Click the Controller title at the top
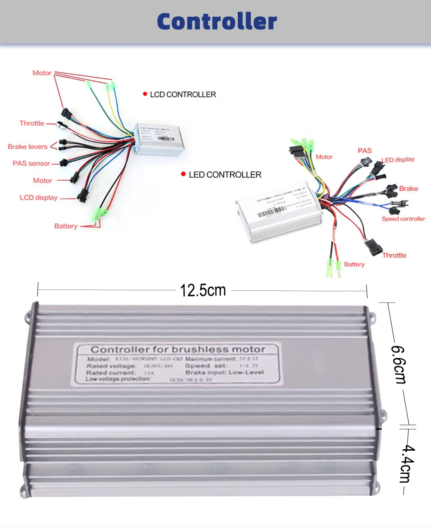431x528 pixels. (x=216, y=21)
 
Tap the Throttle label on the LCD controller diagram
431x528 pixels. (x=32, y=123)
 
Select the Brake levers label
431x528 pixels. (x=28, y=147)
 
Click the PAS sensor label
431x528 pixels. (x=32, y=163)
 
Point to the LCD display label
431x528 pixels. (x=38, y=198)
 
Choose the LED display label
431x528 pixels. (x=398, y=160)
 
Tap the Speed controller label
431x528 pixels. (x=403, y=219)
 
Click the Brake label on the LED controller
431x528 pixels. (x=408, y=189)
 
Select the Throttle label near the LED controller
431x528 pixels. (x=394, y=255)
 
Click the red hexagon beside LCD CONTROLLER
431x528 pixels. (x=145, y=94)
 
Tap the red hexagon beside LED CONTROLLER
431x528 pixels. (x=184, y=174)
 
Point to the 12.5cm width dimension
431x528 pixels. (x=203, y=290)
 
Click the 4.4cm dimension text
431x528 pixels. (x=407, y=463)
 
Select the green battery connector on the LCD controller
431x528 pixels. (x=100, y=214)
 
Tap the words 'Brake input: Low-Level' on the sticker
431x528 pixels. (x=224, y=372)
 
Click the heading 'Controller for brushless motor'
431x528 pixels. (x=178, y=349)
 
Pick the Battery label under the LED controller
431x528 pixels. (x=354, y=264)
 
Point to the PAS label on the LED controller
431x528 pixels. (x=364, y=151)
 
